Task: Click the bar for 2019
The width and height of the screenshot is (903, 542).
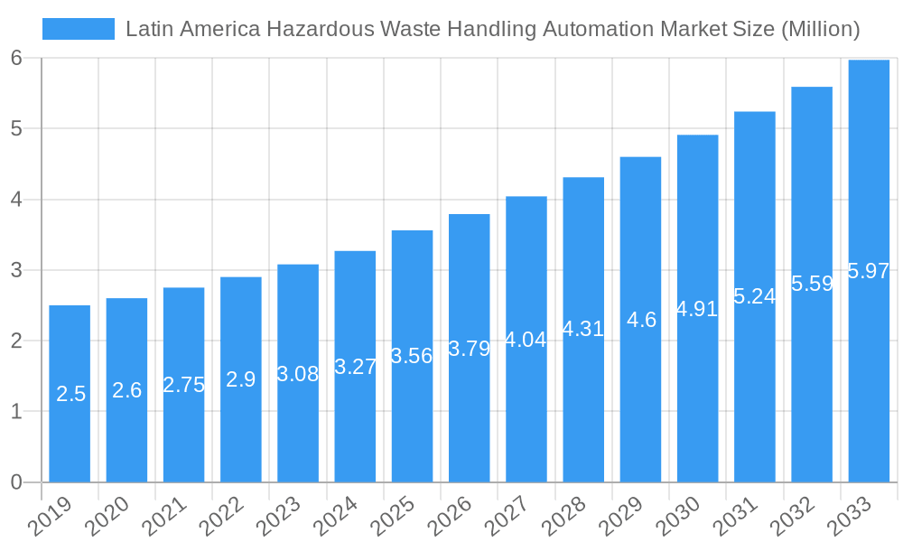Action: (70, 394)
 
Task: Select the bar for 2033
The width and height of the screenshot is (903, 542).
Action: (869, 271)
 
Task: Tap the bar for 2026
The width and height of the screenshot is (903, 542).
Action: (469, 348)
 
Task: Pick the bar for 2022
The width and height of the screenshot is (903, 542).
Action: (240, 379)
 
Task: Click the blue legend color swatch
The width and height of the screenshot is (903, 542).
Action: (79, 29)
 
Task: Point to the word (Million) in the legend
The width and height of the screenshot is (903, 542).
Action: (820, 29)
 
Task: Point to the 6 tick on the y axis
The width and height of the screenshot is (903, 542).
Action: (16, 58)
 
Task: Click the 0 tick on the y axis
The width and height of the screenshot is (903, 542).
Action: (16, 482)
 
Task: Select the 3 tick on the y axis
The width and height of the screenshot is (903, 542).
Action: (16, 270)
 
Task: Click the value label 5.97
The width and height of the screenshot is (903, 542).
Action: (869, 271)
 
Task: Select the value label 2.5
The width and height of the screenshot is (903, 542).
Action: (70, 394)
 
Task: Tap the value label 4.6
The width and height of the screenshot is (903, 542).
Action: (640, 320)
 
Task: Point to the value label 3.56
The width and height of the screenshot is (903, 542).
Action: (412, 356)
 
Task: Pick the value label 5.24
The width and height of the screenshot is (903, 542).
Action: (754, 296)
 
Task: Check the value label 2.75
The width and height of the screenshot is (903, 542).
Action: (183, 385)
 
